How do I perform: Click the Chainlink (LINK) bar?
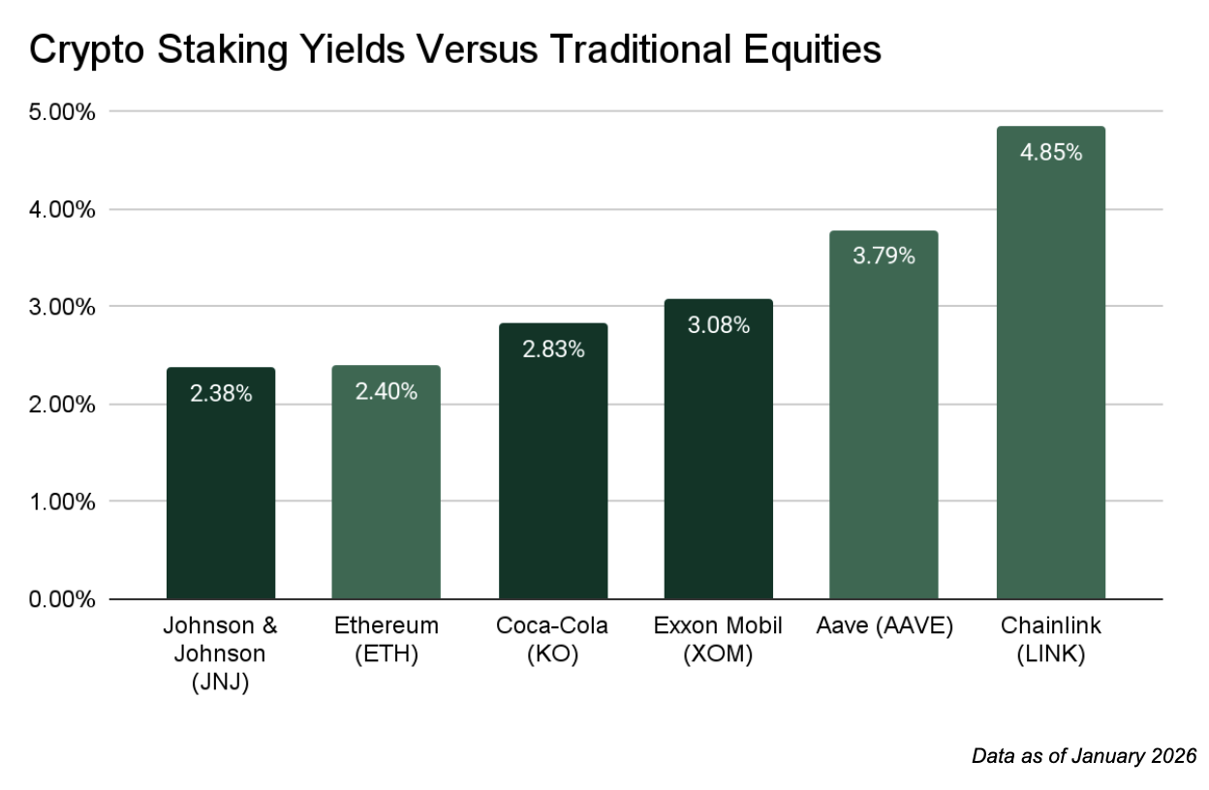tap(1050, 387)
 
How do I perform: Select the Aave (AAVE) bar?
tap(883, 436)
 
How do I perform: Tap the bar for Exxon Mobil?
tap(718, 465)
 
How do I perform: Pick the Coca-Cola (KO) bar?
tap(553, 474)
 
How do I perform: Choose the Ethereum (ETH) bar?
tap(386, 494)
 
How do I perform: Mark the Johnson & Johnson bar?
tap(220, 494)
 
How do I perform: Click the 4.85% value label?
tap(1050, 152)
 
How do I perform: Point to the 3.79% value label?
tap(883, 257)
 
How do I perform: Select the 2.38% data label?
tap(220, 394)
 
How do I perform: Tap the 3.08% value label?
tap(718, 325)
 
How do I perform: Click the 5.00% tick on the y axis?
tap(62, 112)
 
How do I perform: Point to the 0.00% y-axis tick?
tap(62, 599)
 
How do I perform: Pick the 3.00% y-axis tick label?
tap(62, 307)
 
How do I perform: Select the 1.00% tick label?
tap(62, 501)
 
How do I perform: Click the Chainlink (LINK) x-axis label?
tap(1050, 640)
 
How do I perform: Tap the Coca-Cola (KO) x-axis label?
tap(552, 640)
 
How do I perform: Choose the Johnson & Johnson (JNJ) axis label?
tap(220, 653)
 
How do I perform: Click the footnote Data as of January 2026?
tap(1084, 755)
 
